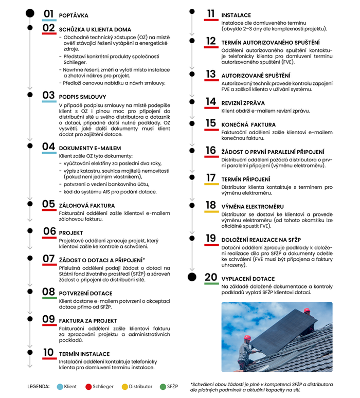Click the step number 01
click(49, 14)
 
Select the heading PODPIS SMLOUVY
click(83, 97)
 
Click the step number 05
click(49, 203)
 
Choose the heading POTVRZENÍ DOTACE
click(86, 293)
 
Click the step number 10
click(49, 352)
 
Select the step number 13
click(210, 74)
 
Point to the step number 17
click(210, 178)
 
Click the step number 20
click(210, 277)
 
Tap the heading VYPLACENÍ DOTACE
click(249, 279)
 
